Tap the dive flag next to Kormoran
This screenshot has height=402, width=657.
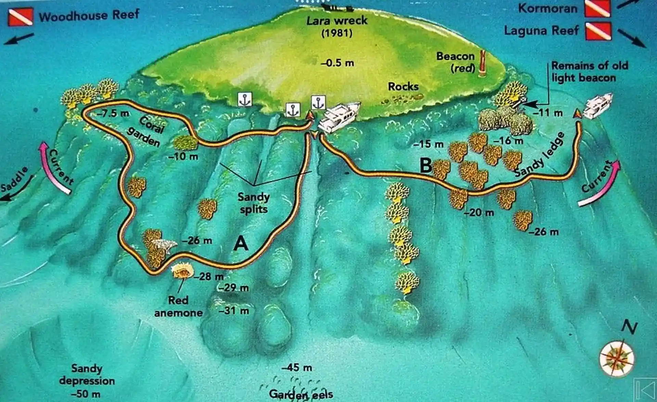597,8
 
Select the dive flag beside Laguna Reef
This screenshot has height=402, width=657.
598,31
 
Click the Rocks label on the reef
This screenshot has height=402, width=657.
403,86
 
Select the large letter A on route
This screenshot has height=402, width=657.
241,244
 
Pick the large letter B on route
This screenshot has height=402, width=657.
426,166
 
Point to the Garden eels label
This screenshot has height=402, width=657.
301,394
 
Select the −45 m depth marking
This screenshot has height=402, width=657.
297,368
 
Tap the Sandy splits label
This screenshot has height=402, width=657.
254,203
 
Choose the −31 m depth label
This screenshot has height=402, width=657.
234,311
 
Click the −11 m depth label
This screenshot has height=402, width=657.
548,112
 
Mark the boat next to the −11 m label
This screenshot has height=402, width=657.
598,106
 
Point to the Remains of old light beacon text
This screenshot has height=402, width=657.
589,72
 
